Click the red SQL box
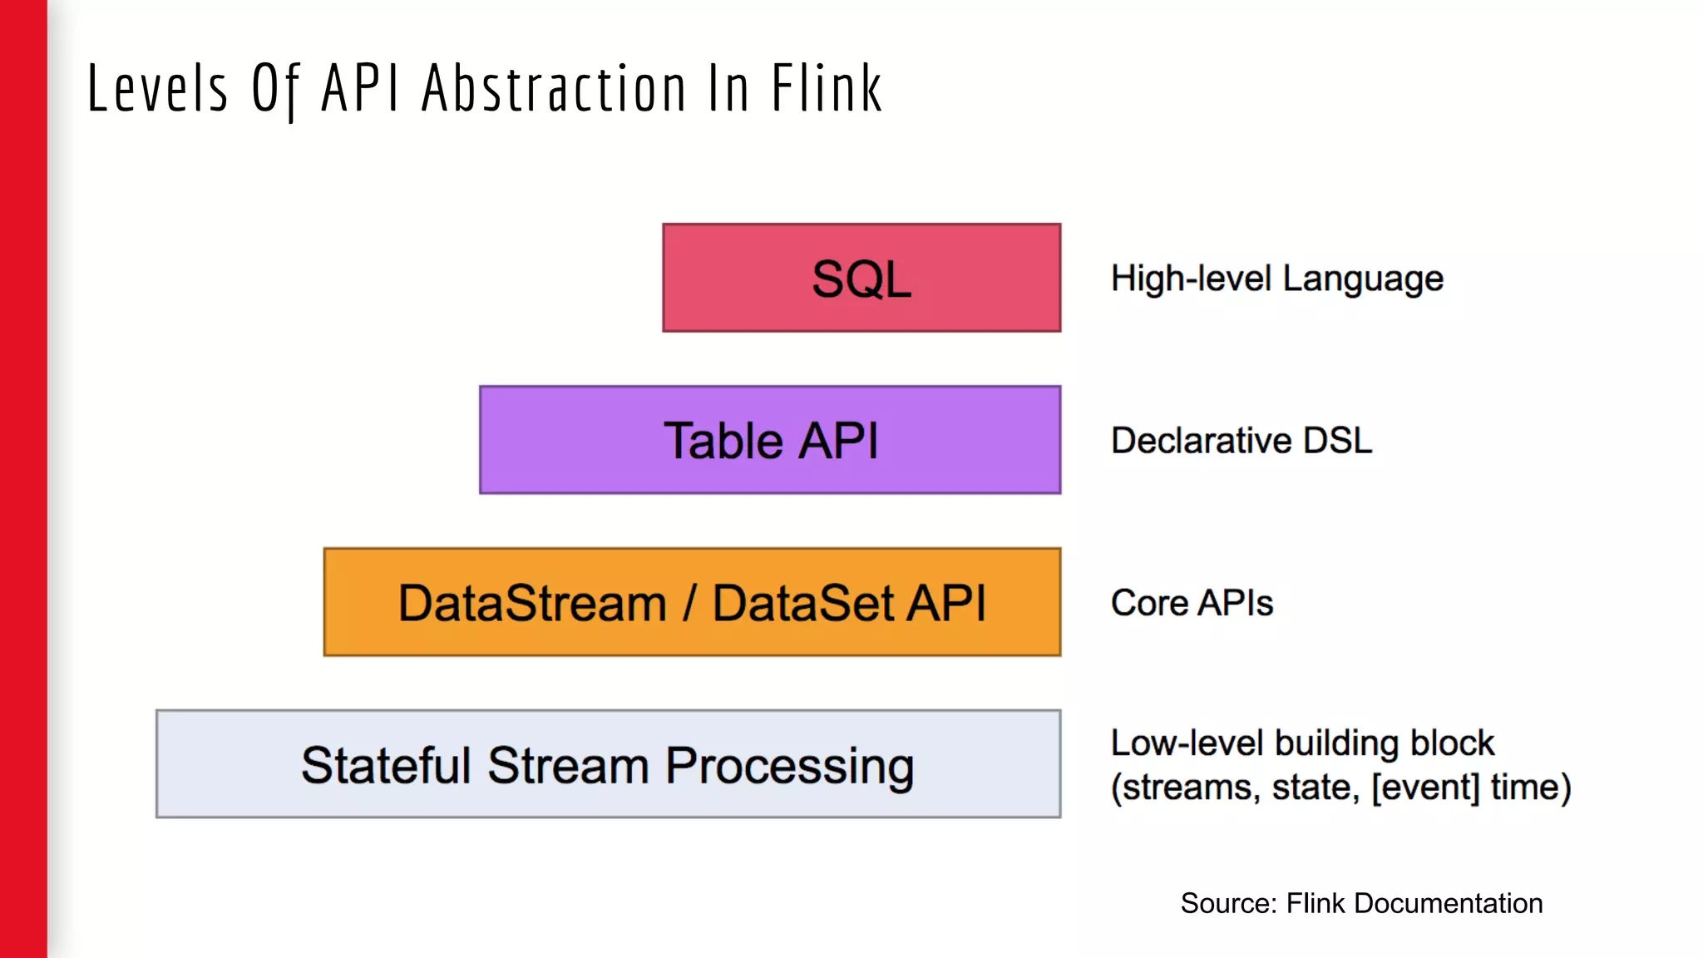point(861,278)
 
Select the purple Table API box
point(770,440)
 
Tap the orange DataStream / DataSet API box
point(692,602)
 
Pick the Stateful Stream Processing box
point(608,764)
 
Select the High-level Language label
point(1277,279)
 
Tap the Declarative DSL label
point(1241,441)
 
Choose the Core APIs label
point(1192,603)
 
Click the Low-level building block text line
point(1302,743)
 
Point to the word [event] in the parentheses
point(1425,787)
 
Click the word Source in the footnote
point(1227,903)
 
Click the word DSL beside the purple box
point(1337,441)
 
